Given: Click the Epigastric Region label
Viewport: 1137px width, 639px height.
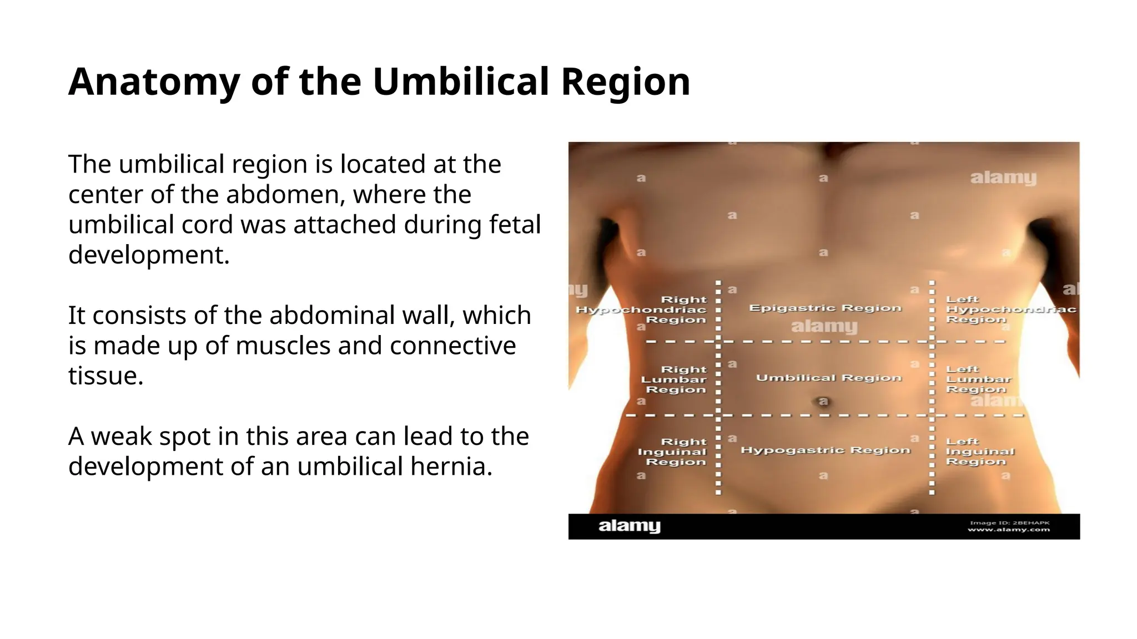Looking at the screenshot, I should (x=825, y=308).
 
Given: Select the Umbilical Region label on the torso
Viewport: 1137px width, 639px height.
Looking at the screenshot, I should (x=828, y=378).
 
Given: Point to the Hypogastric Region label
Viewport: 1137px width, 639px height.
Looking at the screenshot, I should (x=826, y=450).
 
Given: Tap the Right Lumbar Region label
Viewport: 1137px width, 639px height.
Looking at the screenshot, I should (x=674, y=379).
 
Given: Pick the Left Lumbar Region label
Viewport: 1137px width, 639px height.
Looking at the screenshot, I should (x=978, y=379).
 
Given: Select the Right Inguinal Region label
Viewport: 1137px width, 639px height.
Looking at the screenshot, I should (x=672, y=452).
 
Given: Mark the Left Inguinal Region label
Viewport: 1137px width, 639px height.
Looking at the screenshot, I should (x=979, y=452).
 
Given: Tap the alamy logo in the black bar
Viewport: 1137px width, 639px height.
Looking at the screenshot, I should (x=629, y=526).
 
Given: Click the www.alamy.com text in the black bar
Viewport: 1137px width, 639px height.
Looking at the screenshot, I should (x=1008, y=530).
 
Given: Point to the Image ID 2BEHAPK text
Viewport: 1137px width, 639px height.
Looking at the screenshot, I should (x=1009, y=523).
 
